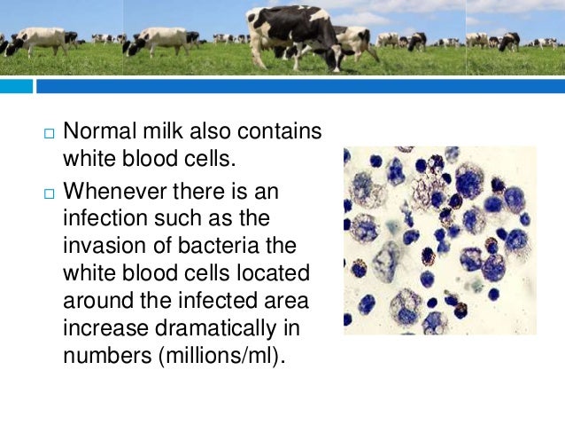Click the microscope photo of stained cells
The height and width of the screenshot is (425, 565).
coord(439,240)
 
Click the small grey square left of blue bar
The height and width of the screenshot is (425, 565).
coord(17,86)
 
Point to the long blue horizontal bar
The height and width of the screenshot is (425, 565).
coord(301,86)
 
